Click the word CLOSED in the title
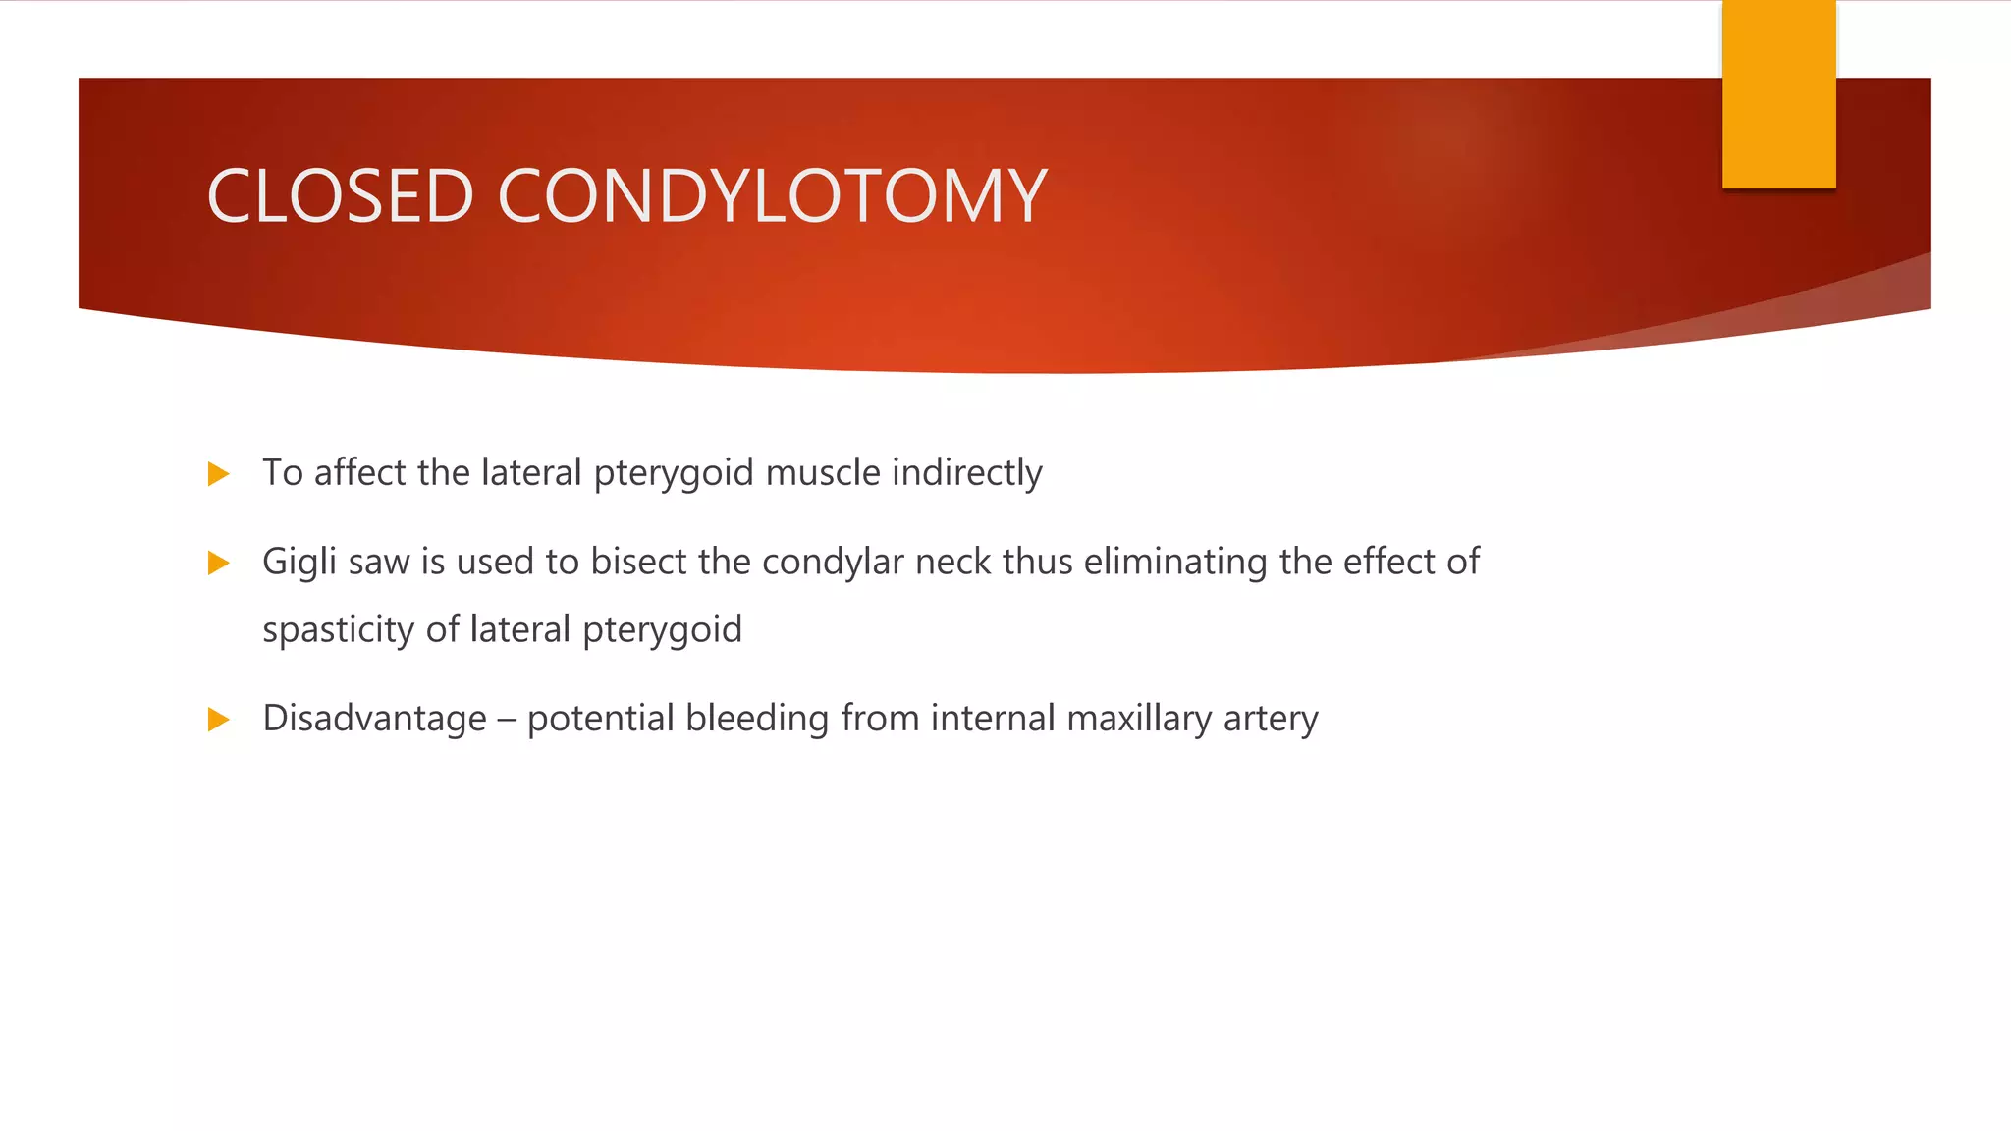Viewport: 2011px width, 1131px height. [x=340, y=196]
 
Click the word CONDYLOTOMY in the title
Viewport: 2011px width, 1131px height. [x=773, y=196]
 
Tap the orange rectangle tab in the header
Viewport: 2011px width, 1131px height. [x=1778, y=94]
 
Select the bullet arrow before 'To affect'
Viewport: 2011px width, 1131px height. [x=218, y=475]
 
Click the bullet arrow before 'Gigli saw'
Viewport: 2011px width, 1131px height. [x=218, y=564]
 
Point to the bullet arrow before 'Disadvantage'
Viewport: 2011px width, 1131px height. [x=218, y=721]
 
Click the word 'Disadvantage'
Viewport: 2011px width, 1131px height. [x=374, y=720]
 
